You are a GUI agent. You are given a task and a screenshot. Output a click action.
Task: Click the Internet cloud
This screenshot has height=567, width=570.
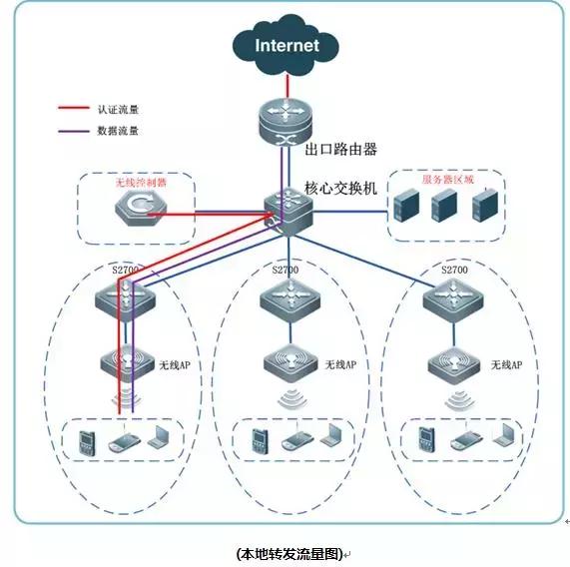(285, 45)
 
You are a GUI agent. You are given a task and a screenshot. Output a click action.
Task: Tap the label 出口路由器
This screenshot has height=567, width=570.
(339, 149)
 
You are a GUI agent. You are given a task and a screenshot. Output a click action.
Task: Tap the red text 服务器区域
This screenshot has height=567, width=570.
(447, 180)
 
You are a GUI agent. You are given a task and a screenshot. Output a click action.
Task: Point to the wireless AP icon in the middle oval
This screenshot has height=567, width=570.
(288, 361)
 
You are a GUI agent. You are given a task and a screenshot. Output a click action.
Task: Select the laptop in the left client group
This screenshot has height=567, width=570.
(160, 437)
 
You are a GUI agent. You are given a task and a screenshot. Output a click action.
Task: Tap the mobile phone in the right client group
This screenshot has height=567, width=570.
(426, 437)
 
